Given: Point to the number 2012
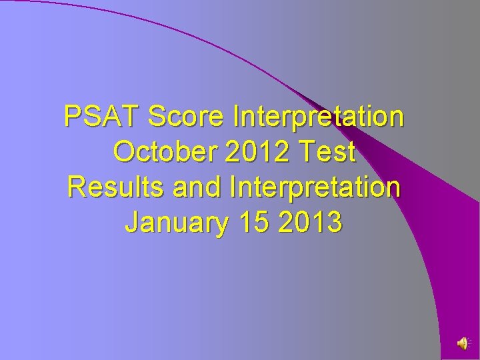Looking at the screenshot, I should pyautogui.click(x=258, y=152).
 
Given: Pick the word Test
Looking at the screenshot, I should pyautogui.click(x=328, y=152).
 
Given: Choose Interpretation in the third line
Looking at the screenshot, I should pyautogui.click(x=315, y=189).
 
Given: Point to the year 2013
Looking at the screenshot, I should pyautogui.click(x=311, y=223).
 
